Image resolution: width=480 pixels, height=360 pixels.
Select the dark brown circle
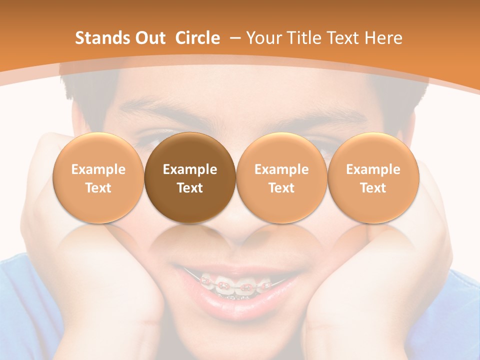coord(190,178)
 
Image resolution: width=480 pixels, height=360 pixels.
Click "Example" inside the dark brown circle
coord(190,169)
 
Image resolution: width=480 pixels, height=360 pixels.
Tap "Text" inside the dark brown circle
coord(190,188)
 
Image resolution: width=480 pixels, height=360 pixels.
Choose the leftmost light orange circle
coord(98,178)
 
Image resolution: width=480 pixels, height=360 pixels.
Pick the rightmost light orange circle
coord(373,178)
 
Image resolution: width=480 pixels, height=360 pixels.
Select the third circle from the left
coord(281,178)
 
